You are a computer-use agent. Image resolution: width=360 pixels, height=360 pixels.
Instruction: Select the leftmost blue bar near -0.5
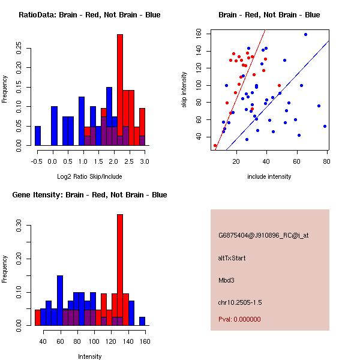point(38,136)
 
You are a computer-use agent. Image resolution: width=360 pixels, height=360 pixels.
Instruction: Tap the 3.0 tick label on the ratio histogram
point(142,161)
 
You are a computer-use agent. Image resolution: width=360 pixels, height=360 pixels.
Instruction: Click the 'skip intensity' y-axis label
point(184,90)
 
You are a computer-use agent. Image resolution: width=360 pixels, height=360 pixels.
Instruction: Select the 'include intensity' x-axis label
point(269,176)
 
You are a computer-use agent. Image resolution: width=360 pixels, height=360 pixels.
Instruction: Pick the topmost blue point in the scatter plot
point(305,34)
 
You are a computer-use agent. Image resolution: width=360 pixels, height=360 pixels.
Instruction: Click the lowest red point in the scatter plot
point(215,145)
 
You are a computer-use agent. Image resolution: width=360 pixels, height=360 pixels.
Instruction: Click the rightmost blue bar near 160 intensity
point(143,321)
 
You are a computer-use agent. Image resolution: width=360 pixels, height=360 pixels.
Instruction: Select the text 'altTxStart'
point(232,258)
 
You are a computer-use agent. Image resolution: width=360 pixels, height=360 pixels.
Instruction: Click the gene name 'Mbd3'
point(226,280)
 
